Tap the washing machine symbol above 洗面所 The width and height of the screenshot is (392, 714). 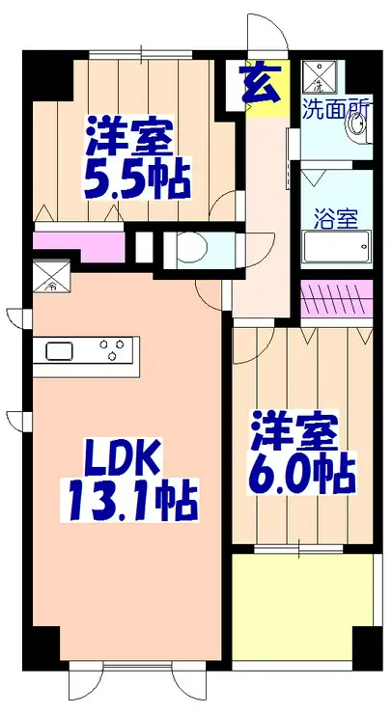pyautogui.click(x=318, y=76)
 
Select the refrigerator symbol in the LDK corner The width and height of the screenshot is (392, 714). pyautogui.click(x=50, y=278)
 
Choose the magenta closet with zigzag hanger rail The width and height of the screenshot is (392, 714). pyautogui.click(x=337, y=300)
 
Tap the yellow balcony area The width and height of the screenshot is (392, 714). pyautogui.click(x=301, y=608)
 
